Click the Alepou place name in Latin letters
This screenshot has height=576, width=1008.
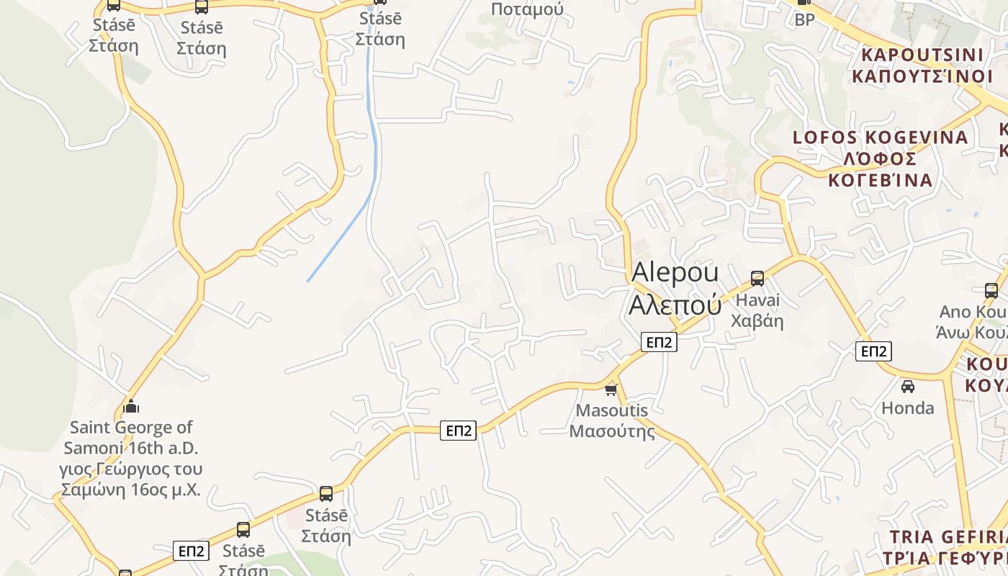click(x=675, y=273)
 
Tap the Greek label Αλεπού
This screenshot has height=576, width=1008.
click(x=675, y=305)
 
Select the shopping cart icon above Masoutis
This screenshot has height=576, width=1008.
click(x=611, y=390)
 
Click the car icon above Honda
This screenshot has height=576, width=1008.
click(x=908, y=386)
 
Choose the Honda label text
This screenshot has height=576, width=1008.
click(x=908, y=408)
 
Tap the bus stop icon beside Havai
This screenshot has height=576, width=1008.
click(x=757, y=279)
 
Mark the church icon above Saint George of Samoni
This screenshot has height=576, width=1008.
click(x=130, y=405)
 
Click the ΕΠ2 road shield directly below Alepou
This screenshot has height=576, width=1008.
click(x=659, y=342)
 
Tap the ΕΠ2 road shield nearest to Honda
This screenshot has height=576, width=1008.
click(x=873, y=351)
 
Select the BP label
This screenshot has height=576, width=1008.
click(x=804, y=20)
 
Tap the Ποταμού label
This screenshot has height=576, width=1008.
click(x=527, y=9)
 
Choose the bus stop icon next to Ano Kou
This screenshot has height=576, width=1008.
click(x=991, y=291)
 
